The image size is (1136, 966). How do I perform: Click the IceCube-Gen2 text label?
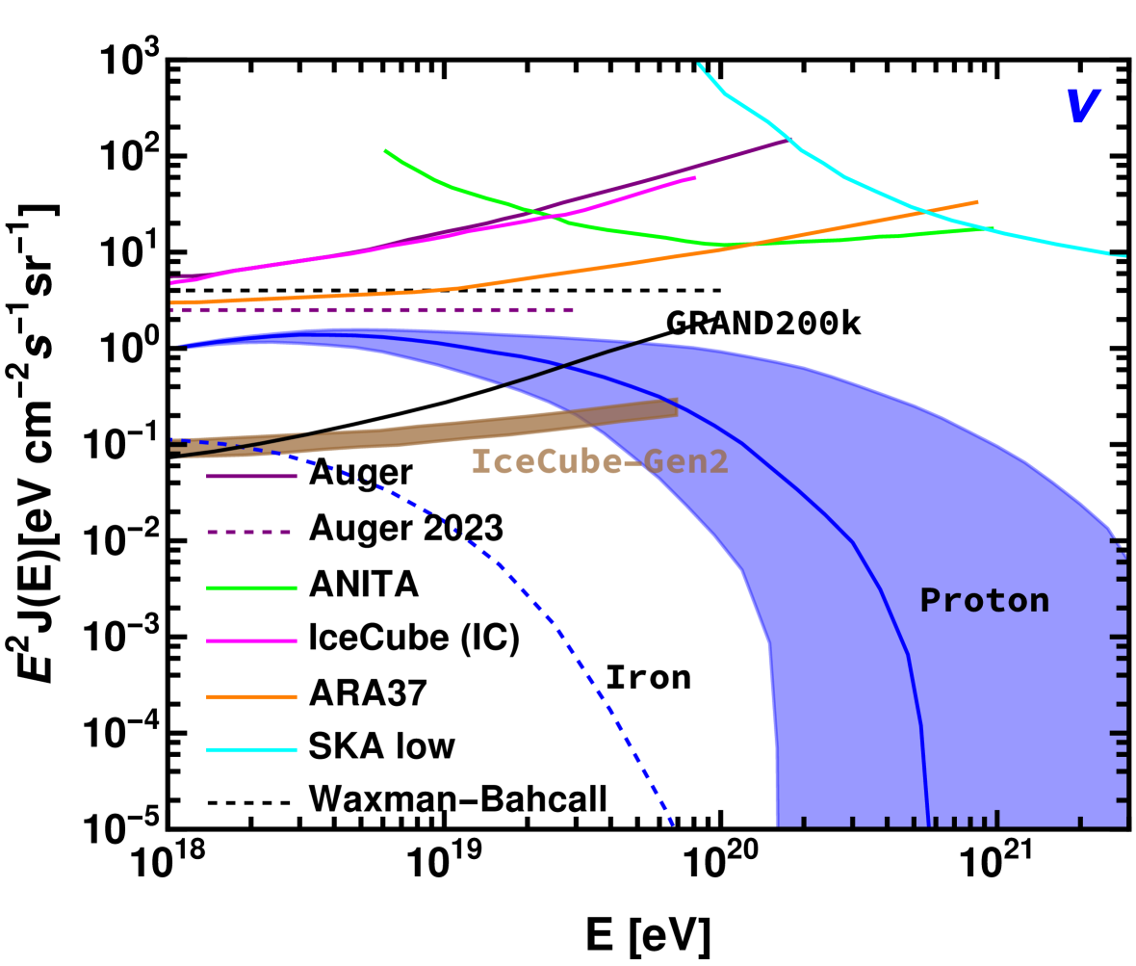click(599, 462)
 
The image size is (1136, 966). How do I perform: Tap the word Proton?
click(984, 601)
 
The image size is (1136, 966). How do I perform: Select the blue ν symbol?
click(1081, 106)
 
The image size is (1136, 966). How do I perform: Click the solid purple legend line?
click(251, 476)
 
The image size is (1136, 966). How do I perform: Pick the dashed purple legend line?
click(248, 532)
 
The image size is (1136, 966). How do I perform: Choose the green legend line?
click(251, 587)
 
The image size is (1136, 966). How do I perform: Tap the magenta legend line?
click(251, 640)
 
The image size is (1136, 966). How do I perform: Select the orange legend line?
click(251, 696)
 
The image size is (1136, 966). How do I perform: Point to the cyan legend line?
click(251, 749)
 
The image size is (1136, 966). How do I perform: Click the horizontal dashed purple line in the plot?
click(385, 310)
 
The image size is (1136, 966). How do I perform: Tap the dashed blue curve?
click(558, 631)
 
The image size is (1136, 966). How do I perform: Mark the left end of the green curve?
click(385, 150)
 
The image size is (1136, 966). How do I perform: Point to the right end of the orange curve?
click(977, 202)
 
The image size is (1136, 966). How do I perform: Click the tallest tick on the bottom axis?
click(997, 818)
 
